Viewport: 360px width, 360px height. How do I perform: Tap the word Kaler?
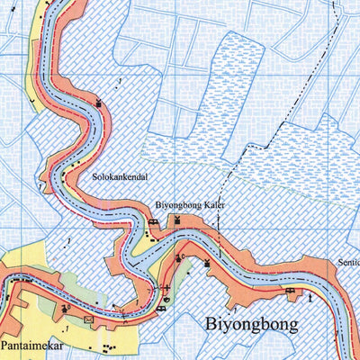(x=212, y=205)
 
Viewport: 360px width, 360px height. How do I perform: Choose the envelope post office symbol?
(x=88, y=319)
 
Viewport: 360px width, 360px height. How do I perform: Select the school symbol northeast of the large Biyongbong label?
(x=290, y=292)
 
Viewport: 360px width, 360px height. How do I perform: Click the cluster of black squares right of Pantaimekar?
(x=111, y=347)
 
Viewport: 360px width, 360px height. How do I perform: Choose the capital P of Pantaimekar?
(x=4, y=345)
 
